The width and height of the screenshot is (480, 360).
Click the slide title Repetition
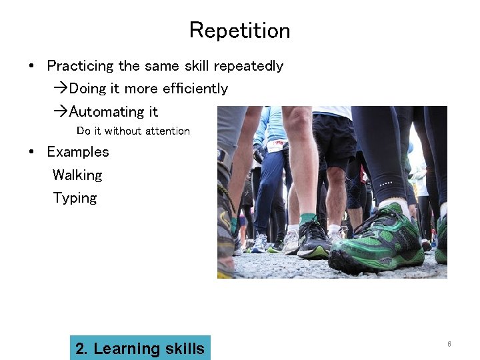(239, 31)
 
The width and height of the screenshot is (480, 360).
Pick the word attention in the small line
(166, 131)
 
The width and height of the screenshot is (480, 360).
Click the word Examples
(77, 152)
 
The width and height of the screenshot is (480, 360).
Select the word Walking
(77, 175)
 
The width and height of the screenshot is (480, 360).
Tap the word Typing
(75, 198)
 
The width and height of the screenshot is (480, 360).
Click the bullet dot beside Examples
(32, 152)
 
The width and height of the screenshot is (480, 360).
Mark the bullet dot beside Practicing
(32, 66)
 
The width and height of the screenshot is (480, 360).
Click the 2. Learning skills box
(140, 348)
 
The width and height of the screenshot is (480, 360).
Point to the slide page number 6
(449, 344)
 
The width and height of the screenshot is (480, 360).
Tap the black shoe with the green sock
(312, 240)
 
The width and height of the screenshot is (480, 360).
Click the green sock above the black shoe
(307, 219)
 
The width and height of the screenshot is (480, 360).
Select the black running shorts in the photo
(333, 140)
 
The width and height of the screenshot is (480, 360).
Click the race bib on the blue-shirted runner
(276, 145)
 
